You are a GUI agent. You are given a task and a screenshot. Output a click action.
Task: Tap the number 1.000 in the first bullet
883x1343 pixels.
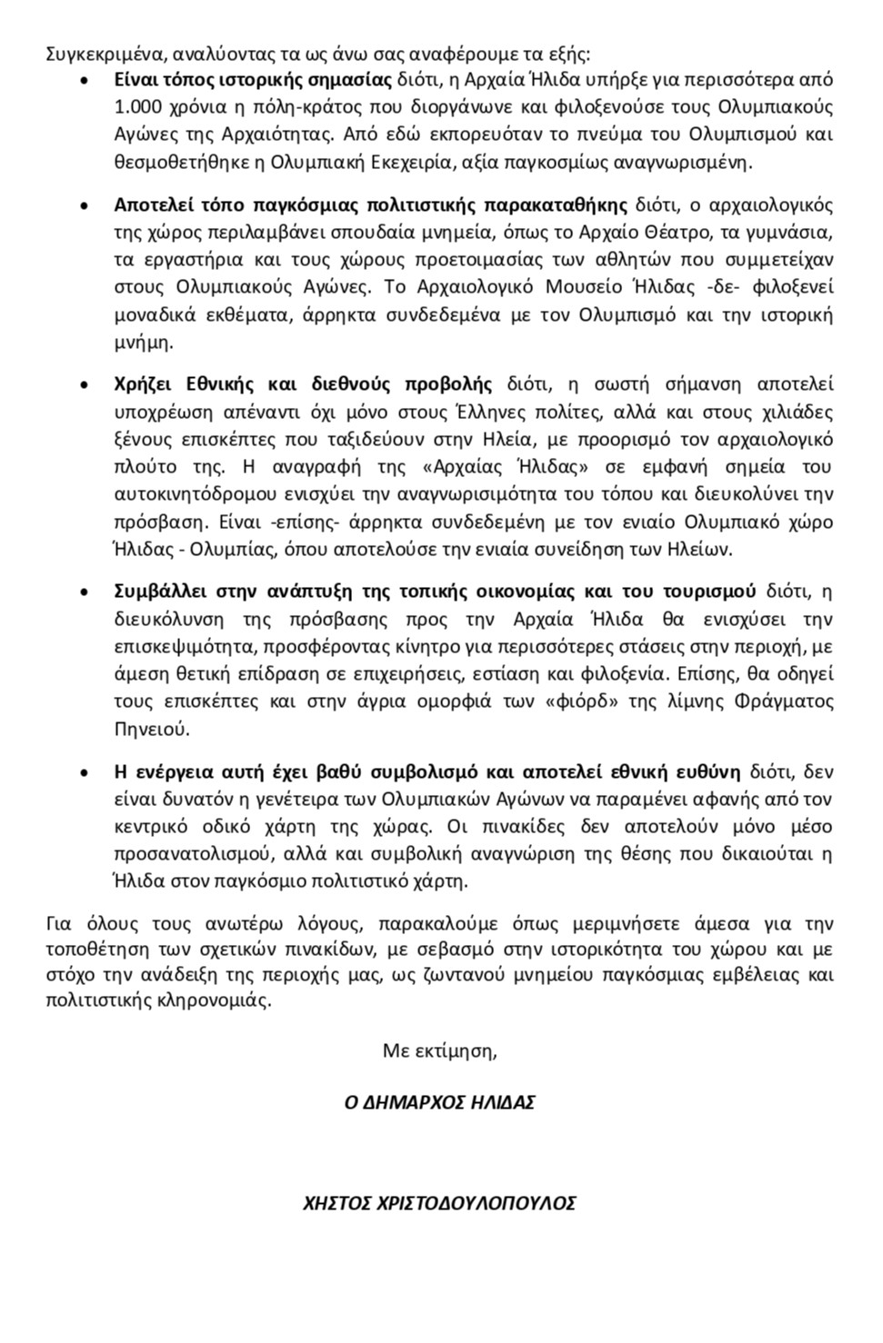pos(137,107)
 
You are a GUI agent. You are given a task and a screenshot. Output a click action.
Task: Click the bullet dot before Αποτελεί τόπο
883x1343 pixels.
pos(84,204)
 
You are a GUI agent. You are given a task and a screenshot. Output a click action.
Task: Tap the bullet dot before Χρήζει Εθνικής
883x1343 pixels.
pos(84,384)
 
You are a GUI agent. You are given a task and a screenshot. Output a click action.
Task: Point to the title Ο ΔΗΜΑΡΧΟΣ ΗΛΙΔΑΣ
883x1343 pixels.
pos(440,1102)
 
